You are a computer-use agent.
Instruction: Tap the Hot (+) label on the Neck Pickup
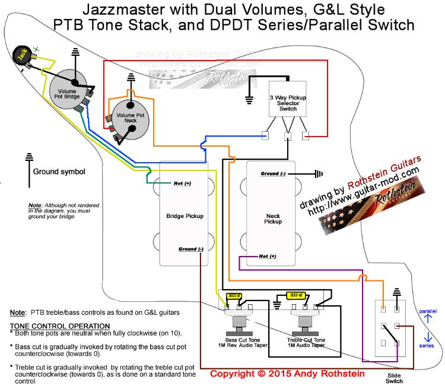(268, 257)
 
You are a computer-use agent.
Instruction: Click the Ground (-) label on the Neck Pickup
(273, 174)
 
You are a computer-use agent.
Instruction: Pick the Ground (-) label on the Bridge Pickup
(187, 248)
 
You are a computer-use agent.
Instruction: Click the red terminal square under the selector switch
(306, 136)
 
